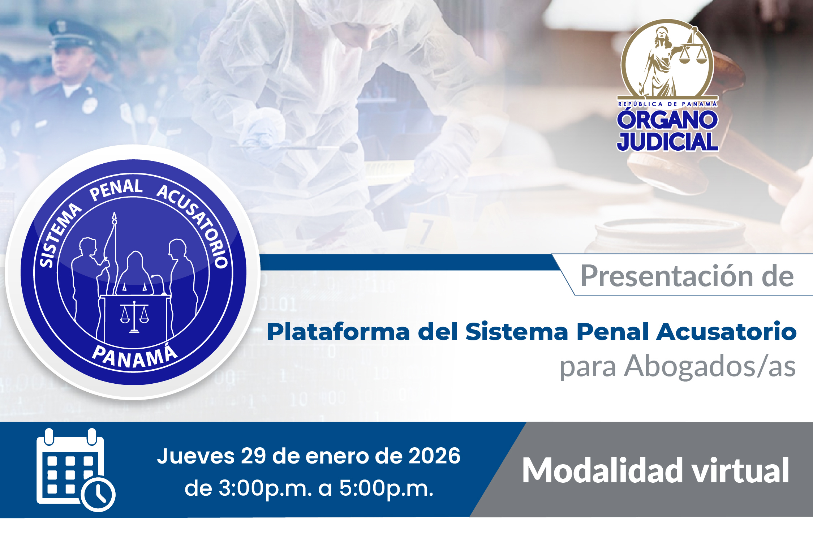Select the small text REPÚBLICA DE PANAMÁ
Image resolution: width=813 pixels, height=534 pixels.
coord(667,104)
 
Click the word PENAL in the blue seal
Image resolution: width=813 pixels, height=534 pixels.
coord(116,190)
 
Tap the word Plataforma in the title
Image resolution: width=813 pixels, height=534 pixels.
coord(338,331)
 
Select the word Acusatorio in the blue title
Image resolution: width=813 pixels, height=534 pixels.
coord(726,331)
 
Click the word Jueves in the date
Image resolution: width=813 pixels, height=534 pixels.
coord(196,456)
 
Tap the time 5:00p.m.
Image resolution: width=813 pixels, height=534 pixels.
coord(386,489)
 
